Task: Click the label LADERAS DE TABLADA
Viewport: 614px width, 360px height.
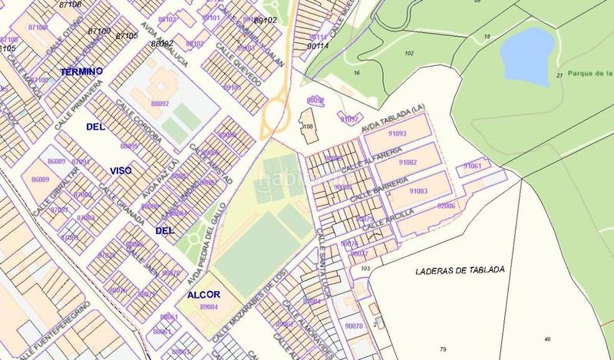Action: [x=459, y=271]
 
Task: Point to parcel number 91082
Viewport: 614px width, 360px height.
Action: [x=408, y=163]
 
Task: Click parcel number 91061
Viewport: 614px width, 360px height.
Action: [x=472, y=167]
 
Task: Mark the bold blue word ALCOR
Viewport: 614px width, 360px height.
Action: [x=203, y=295]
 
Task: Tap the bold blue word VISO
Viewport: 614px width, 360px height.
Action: [x=120, y=170]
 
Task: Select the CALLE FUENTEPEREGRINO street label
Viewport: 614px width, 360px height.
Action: [x=58, y=331]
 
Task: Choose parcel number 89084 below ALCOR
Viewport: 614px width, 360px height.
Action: [x=208, y=307]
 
